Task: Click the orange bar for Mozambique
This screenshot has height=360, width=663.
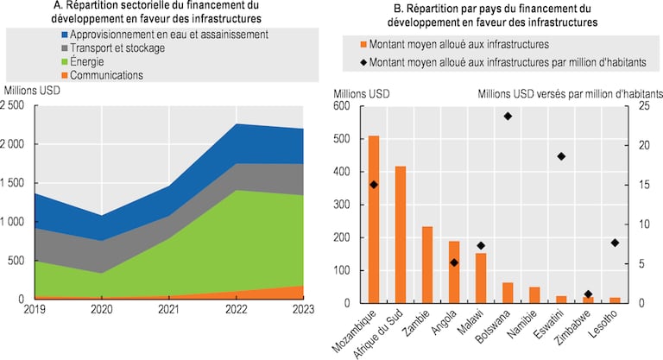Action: click(x=374, y=220)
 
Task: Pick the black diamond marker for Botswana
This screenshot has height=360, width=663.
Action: click(x=508, y=116)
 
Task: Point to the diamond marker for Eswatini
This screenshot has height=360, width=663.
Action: click(x=561, y=156)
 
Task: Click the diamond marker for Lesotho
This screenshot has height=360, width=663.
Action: click(x=615, y=243)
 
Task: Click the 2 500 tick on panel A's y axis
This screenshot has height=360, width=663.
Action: click(x=16, y=105)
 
